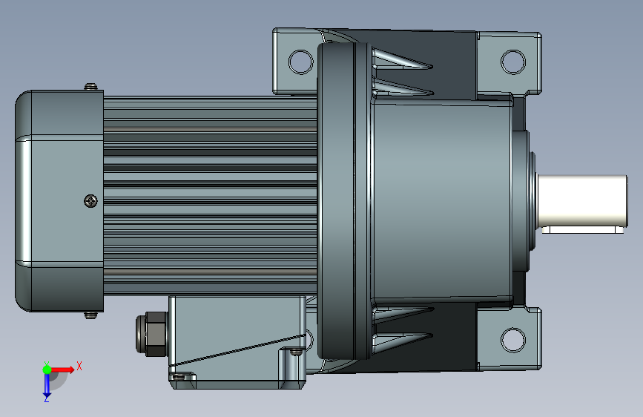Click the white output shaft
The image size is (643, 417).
(x=582, y=200)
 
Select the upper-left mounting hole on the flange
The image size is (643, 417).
(x=300, y=62)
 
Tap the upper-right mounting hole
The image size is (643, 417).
(x=513, y=62)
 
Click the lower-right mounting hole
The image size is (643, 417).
(x=513, y=339)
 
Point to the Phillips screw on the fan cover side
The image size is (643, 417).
(x=90, y=200)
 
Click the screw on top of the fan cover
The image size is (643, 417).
(x=91, y=86)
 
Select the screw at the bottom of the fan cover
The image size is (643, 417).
(x=91, y=315)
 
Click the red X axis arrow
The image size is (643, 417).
(x=62, y=370)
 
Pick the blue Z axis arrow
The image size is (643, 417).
(x=47, y=384)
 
